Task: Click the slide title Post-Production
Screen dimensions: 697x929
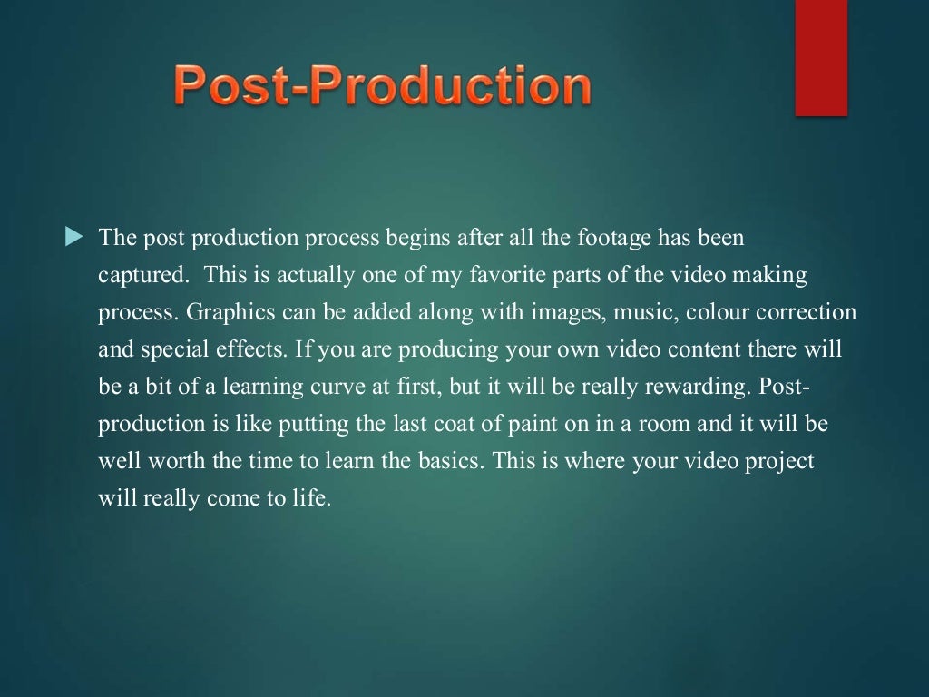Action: coord(383,87)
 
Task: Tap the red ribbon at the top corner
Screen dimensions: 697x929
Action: coord(821,56)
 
